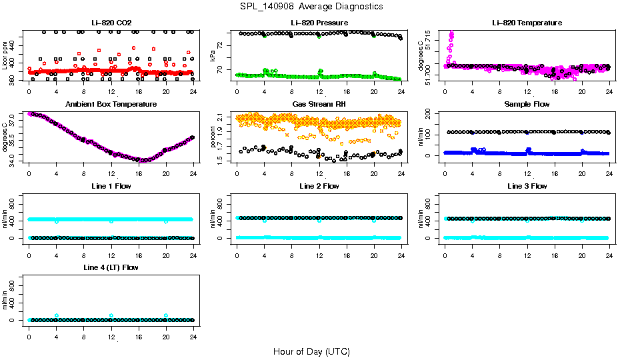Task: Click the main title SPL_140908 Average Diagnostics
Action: (312, 7)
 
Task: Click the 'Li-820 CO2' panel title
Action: (111, 23)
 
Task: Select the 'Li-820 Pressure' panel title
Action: (319, 23)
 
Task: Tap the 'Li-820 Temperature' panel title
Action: (527, 23)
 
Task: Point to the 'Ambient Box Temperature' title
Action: (111, 104)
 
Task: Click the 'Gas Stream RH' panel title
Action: (319, 104)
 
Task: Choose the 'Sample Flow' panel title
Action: (527, 104)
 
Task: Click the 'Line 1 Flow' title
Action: (111, 186)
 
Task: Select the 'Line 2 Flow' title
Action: (319, 186)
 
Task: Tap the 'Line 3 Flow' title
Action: (527, 186)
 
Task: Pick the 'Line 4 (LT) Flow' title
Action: (111, 267)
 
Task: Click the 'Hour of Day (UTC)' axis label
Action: (311, 351)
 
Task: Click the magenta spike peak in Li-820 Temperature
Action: (452, 33)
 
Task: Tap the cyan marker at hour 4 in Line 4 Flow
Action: (57, 315)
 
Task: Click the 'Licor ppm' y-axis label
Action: (5, 55)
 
